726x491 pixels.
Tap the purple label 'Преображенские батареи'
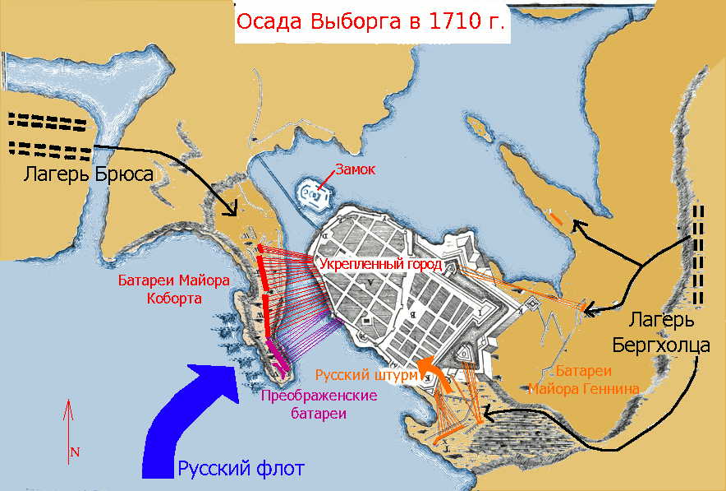[319, 405]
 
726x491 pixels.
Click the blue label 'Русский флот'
[241, 469]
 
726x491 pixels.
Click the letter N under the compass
[74, 452]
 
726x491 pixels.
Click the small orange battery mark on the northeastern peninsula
[557, 218]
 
